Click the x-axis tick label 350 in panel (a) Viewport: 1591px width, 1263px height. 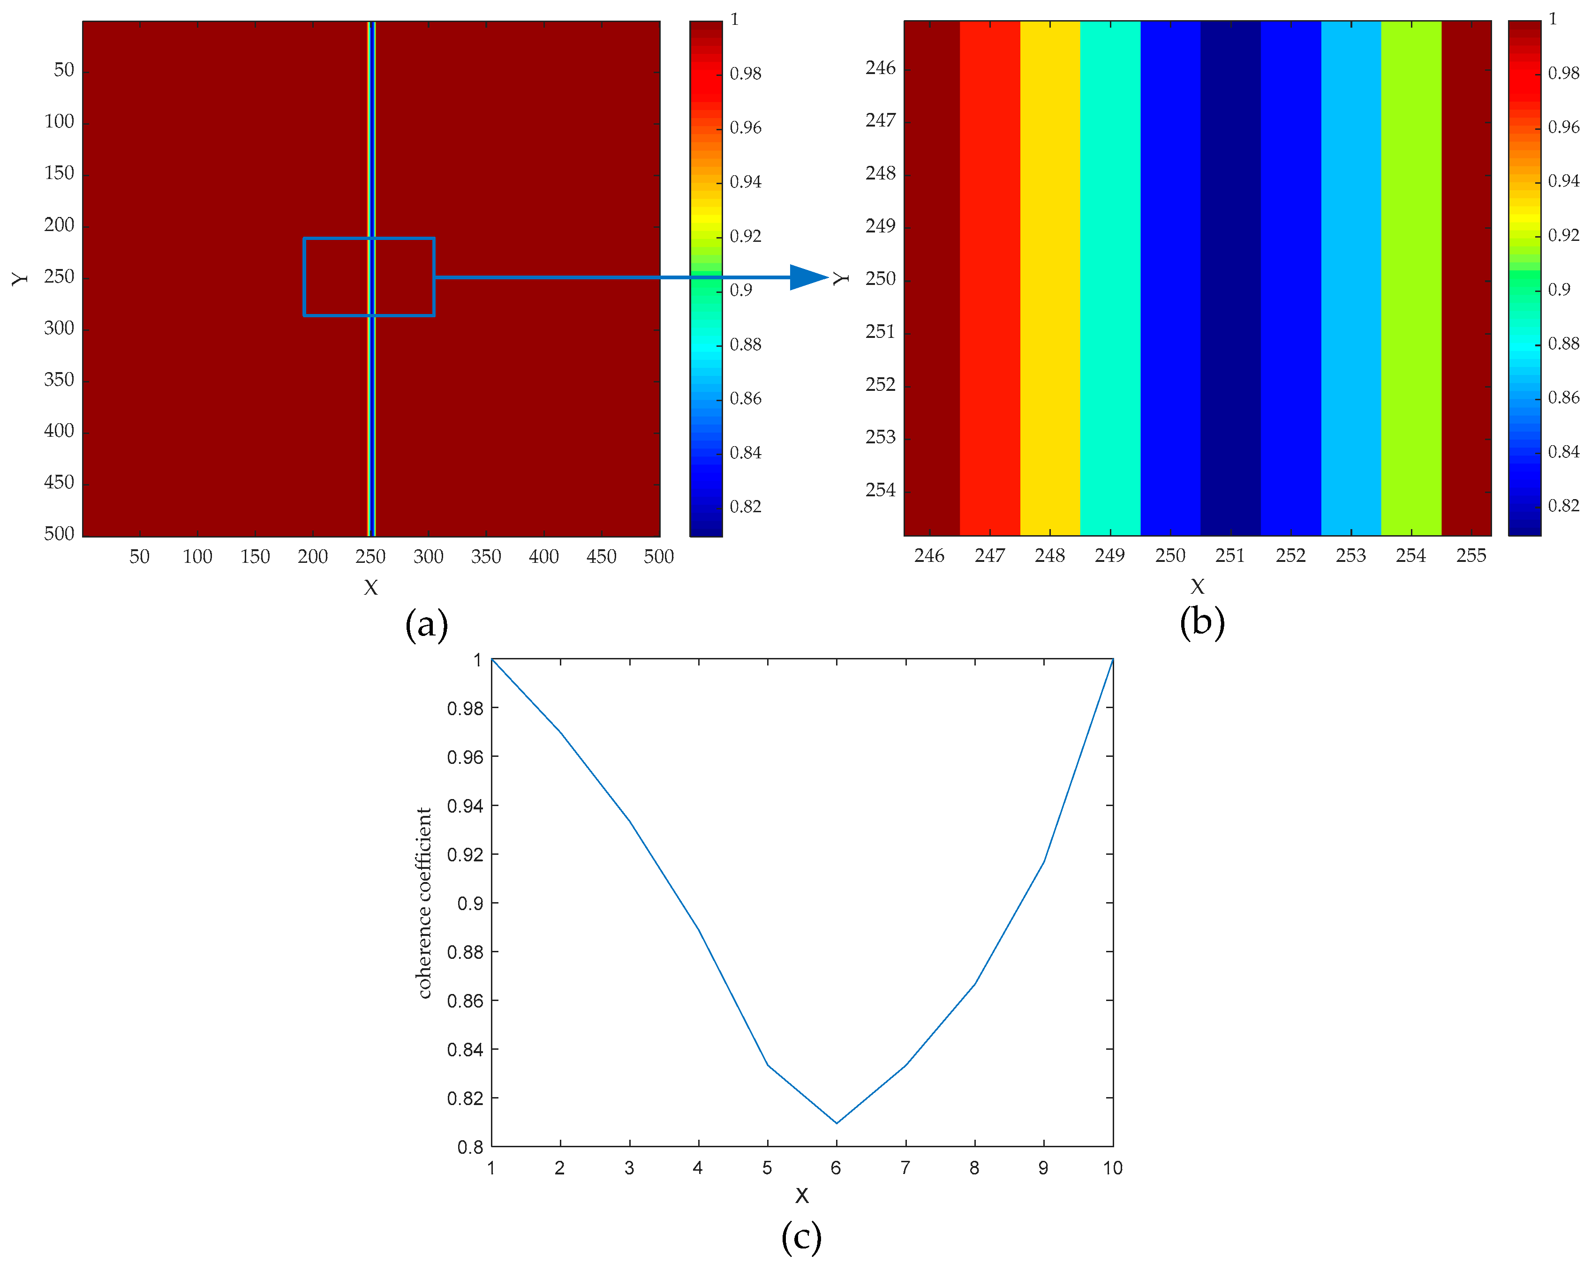click(x=486, y=557)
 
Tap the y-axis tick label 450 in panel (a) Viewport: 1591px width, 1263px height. click(x=59, y=483)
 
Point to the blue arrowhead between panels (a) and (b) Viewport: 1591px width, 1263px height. click(x=807, y=277)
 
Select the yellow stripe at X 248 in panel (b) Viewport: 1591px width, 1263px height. click(x=1049, y=277)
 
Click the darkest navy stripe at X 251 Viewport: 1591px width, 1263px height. click(x=1230, y=277)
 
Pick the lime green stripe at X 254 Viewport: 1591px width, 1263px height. click(x=1411, y=277)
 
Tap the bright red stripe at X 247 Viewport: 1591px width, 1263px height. click(x=989, y=277)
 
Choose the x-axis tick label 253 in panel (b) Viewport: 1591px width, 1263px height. click(x=1350, y=555)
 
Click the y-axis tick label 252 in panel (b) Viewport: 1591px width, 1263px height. click(x=880, y=384)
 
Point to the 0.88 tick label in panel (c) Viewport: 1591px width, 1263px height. click(x=465, y=952)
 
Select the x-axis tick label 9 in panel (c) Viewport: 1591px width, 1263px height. click(x=1043, y=1168)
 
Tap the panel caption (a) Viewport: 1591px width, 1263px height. click(x=427, y=624)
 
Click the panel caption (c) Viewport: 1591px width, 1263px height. click(x=801, y=1236)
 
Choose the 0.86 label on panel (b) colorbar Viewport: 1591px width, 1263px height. click(x=1563, y=397)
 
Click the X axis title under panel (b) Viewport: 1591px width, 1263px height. click(x=1197, y=586)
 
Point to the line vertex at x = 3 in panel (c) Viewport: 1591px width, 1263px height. click(x=629, y=821)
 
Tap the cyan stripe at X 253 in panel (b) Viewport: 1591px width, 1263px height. click(x=1350, y=277)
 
